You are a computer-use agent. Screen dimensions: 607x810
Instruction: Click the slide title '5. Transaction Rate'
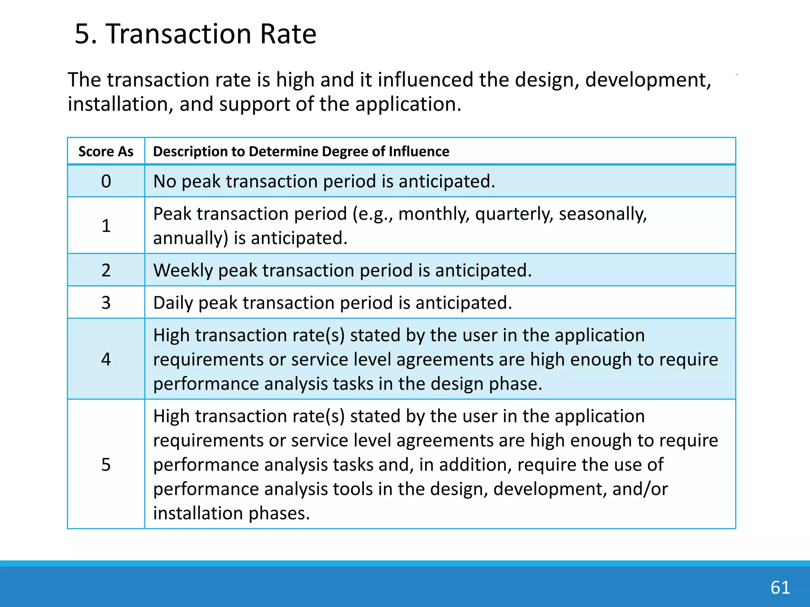pyautogui.click(x=195, y=34)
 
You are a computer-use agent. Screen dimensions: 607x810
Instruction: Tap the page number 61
pyautogui.click(x=780, y=588)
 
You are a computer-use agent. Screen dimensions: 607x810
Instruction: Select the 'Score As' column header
pyautogui.click(x=106, y=152)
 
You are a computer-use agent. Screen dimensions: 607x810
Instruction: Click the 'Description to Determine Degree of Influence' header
pyautogui.click(x=301, y=152)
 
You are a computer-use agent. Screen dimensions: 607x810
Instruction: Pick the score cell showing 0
pyautogui.click(x=106, y=181)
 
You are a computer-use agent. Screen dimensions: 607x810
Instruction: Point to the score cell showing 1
pyautogui.click(x=106, y=226)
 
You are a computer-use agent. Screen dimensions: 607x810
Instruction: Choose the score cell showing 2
pyautogui.click(x=106, y=270)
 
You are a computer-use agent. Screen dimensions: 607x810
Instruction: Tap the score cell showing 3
pyautogui.click(x=106, y=303)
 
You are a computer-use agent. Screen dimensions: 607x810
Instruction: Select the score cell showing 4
pyautogui.click(x=106, y=359)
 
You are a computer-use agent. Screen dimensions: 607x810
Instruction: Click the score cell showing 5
pyautogui.click(x=106, y=464)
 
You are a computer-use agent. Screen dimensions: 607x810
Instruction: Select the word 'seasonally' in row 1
pyautogui.click(x=602, y=214)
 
